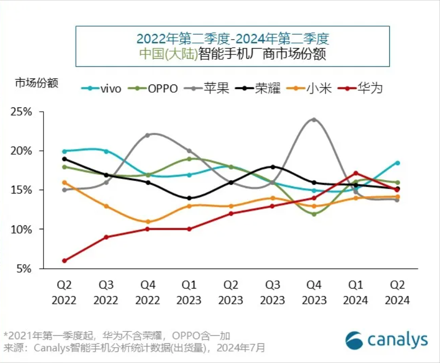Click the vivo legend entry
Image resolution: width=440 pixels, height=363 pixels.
[x=101, y=88]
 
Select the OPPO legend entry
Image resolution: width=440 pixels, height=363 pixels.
[x=155, y=88]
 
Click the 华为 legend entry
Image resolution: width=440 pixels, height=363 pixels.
[x=363, y=88]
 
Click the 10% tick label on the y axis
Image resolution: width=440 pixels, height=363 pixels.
[x=22, y=229]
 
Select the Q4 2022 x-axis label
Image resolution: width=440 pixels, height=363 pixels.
[x=148, y=292]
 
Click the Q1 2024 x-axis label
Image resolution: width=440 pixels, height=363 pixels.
[x=355, y=292]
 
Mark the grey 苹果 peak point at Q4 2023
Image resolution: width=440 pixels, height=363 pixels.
[x=314, y=119]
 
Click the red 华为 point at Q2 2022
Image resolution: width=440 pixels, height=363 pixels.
[x=64, y=261]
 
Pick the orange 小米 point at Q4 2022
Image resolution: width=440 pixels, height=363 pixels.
[x=148, y=222]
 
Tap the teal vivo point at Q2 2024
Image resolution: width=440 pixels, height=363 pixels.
[x=397, y=163]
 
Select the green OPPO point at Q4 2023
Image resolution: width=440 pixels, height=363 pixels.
[x=314, y=214]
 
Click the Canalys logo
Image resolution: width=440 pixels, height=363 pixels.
[x=386, y=340]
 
